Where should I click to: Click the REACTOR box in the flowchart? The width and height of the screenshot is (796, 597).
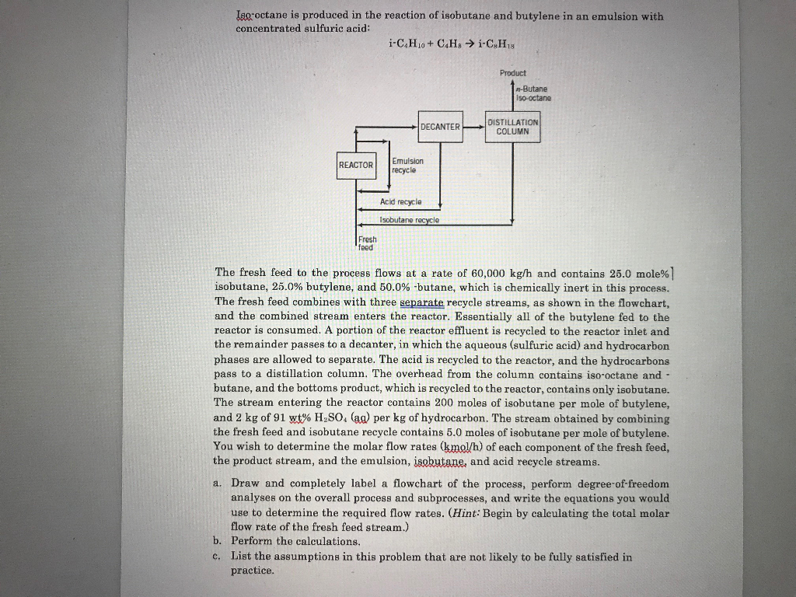[x=356, y=165]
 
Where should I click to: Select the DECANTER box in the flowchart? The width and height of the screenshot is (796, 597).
[x=440, y=127]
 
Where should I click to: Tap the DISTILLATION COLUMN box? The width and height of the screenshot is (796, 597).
[x=512, y=127]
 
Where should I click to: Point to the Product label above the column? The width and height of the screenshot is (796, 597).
[x=513, y=73]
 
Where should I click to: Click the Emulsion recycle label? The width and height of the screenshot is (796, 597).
[x=407, y=166]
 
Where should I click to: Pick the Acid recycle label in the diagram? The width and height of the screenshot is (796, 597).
[x=400, y=201]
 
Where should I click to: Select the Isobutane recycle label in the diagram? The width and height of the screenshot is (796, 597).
[x=409, y=220]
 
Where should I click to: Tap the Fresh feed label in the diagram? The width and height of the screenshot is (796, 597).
[x=367, y=243]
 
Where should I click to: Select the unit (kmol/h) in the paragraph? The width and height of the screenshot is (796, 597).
[x=462, y=448]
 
